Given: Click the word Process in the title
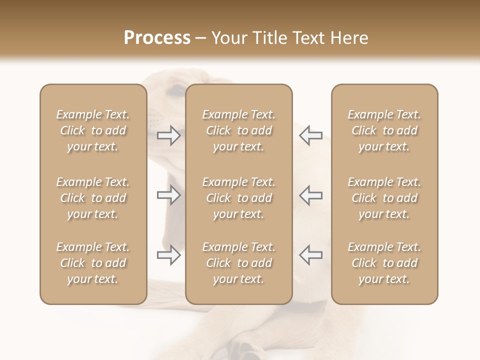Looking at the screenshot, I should click(x=157, y=38).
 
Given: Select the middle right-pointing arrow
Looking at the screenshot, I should click(x=168, y=195).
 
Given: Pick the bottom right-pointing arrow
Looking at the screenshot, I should click(x=168, y=255).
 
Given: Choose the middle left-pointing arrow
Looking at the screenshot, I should click(x=310, y=195).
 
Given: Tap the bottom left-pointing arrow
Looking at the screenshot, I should click(x=310, y=255).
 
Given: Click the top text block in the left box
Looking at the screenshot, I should click(x=93, y=130).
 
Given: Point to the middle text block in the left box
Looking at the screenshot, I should click(x=93, y=198).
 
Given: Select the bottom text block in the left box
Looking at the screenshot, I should click(x=93, y=263).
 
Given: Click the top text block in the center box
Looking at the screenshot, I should click(x=239, y=130).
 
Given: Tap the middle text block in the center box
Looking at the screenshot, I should click(x=239, y=198).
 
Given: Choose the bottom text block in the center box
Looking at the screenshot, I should click(x=239, y=263).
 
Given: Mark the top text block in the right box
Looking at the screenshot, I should click(x=384, y=130).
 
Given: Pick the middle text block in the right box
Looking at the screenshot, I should click(x=384, y=198).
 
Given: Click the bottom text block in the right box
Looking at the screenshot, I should click(x=384, y=263).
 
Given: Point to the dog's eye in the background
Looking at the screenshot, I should click(x=176, y=90).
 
